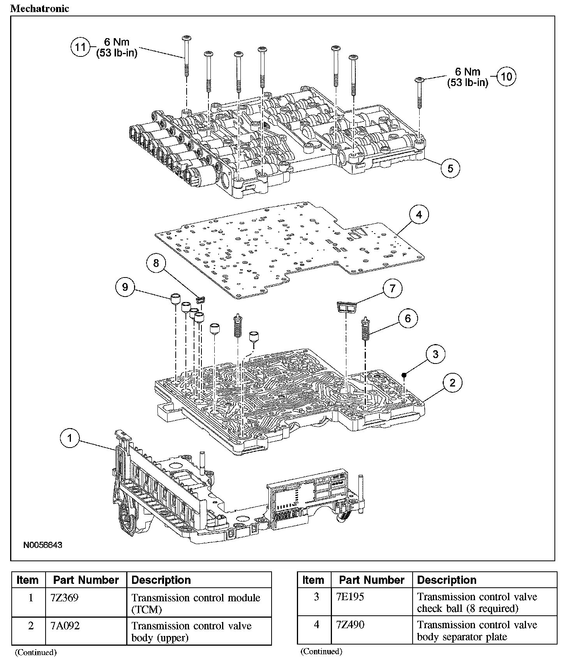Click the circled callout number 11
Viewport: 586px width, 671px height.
point(80,47)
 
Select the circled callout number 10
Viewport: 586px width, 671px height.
point(506,76)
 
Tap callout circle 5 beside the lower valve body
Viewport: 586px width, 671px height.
point(450,169)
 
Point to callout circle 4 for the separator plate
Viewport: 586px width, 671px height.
point(419,214)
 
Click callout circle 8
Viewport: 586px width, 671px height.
point(156,263)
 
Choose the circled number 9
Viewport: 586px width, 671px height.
point(125,287)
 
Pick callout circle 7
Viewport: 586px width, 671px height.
point(392,288)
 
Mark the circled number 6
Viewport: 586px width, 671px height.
point(408,318)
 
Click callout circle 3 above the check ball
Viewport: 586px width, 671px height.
point(435,354)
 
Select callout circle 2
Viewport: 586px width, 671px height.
point(452,383)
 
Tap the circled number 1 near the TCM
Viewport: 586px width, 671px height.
point(70,439)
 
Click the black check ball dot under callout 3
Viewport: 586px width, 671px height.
point(404,375)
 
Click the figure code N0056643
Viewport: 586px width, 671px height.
point(42,545)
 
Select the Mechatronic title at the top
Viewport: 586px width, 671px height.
point(39,9)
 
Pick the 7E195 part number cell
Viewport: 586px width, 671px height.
point(350,597)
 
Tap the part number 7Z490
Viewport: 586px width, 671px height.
point(350,625)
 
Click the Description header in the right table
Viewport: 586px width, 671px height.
point(447,580)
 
